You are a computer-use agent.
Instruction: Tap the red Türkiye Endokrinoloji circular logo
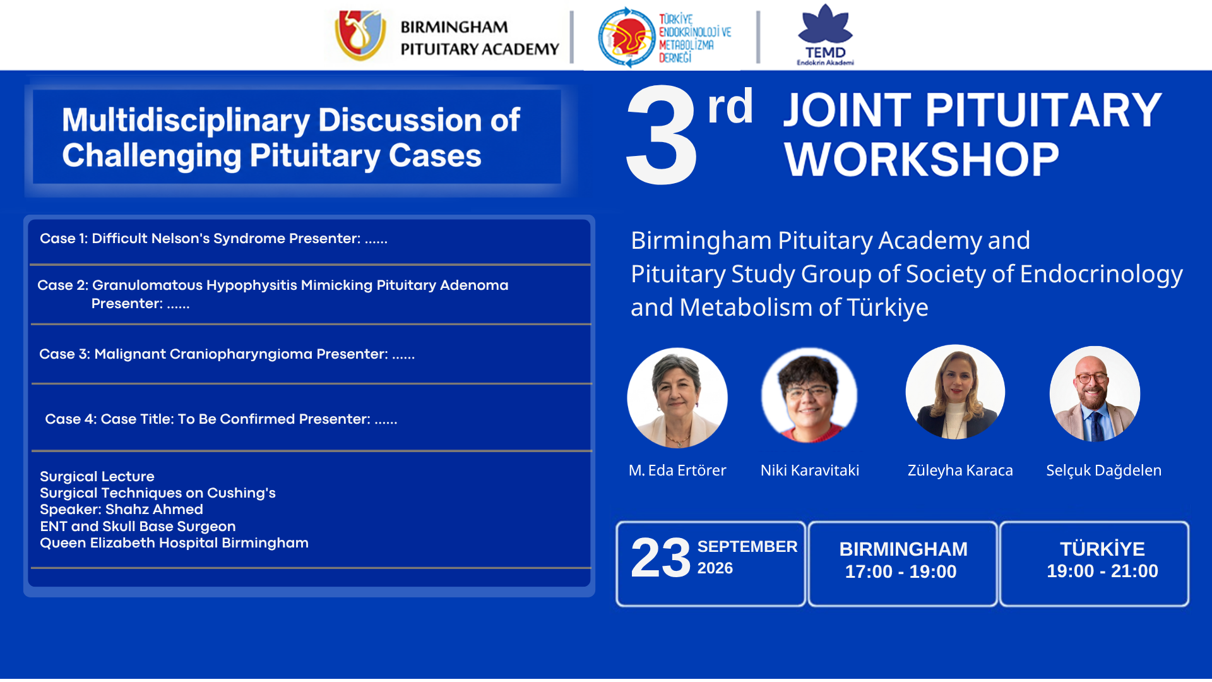pyautogui.click(x=626, y=37)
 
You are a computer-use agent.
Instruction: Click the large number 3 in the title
pyautogui.click(x=661, y=135)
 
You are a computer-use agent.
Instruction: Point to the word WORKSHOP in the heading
pyautogui.click(x=922, y=159)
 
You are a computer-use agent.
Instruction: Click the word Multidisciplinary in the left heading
pyautogui.click(x=186, y=120)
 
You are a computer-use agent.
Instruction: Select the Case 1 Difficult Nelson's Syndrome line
pyautogui.click(x=213, y=239)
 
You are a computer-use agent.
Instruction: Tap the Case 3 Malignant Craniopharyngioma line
pyautogui.click(x=227, y=354)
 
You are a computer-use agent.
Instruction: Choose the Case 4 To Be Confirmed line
pyautogui.click(x=221, y=419)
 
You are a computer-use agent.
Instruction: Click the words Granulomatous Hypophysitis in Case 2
pyautogui.click(x=195, y=285)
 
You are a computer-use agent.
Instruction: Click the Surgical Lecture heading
pyautogui.click(x=97, y=477)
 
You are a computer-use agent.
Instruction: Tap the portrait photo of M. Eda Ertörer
pyautogui.click(x=677, y=398)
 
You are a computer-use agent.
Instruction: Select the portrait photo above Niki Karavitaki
pyautogui.click(x=809, y=395)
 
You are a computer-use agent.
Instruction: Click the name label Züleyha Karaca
pyautogui.click(x=960, y=470)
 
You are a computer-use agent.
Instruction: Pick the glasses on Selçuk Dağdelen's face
pyautogui.click(x=1093, y=378)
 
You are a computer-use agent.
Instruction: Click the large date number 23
pyautogui.click(x=661, y=558)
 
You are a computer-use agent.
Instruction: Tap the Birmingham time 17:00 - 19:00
pyautogui.click(x=901, y=571)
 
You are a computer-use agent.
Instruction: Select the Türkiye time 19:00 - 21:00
pyautogui.click(x=1102, y=571)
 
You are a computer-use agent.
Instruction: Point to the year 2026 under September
pyautogui.click(x=715, y=568)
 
